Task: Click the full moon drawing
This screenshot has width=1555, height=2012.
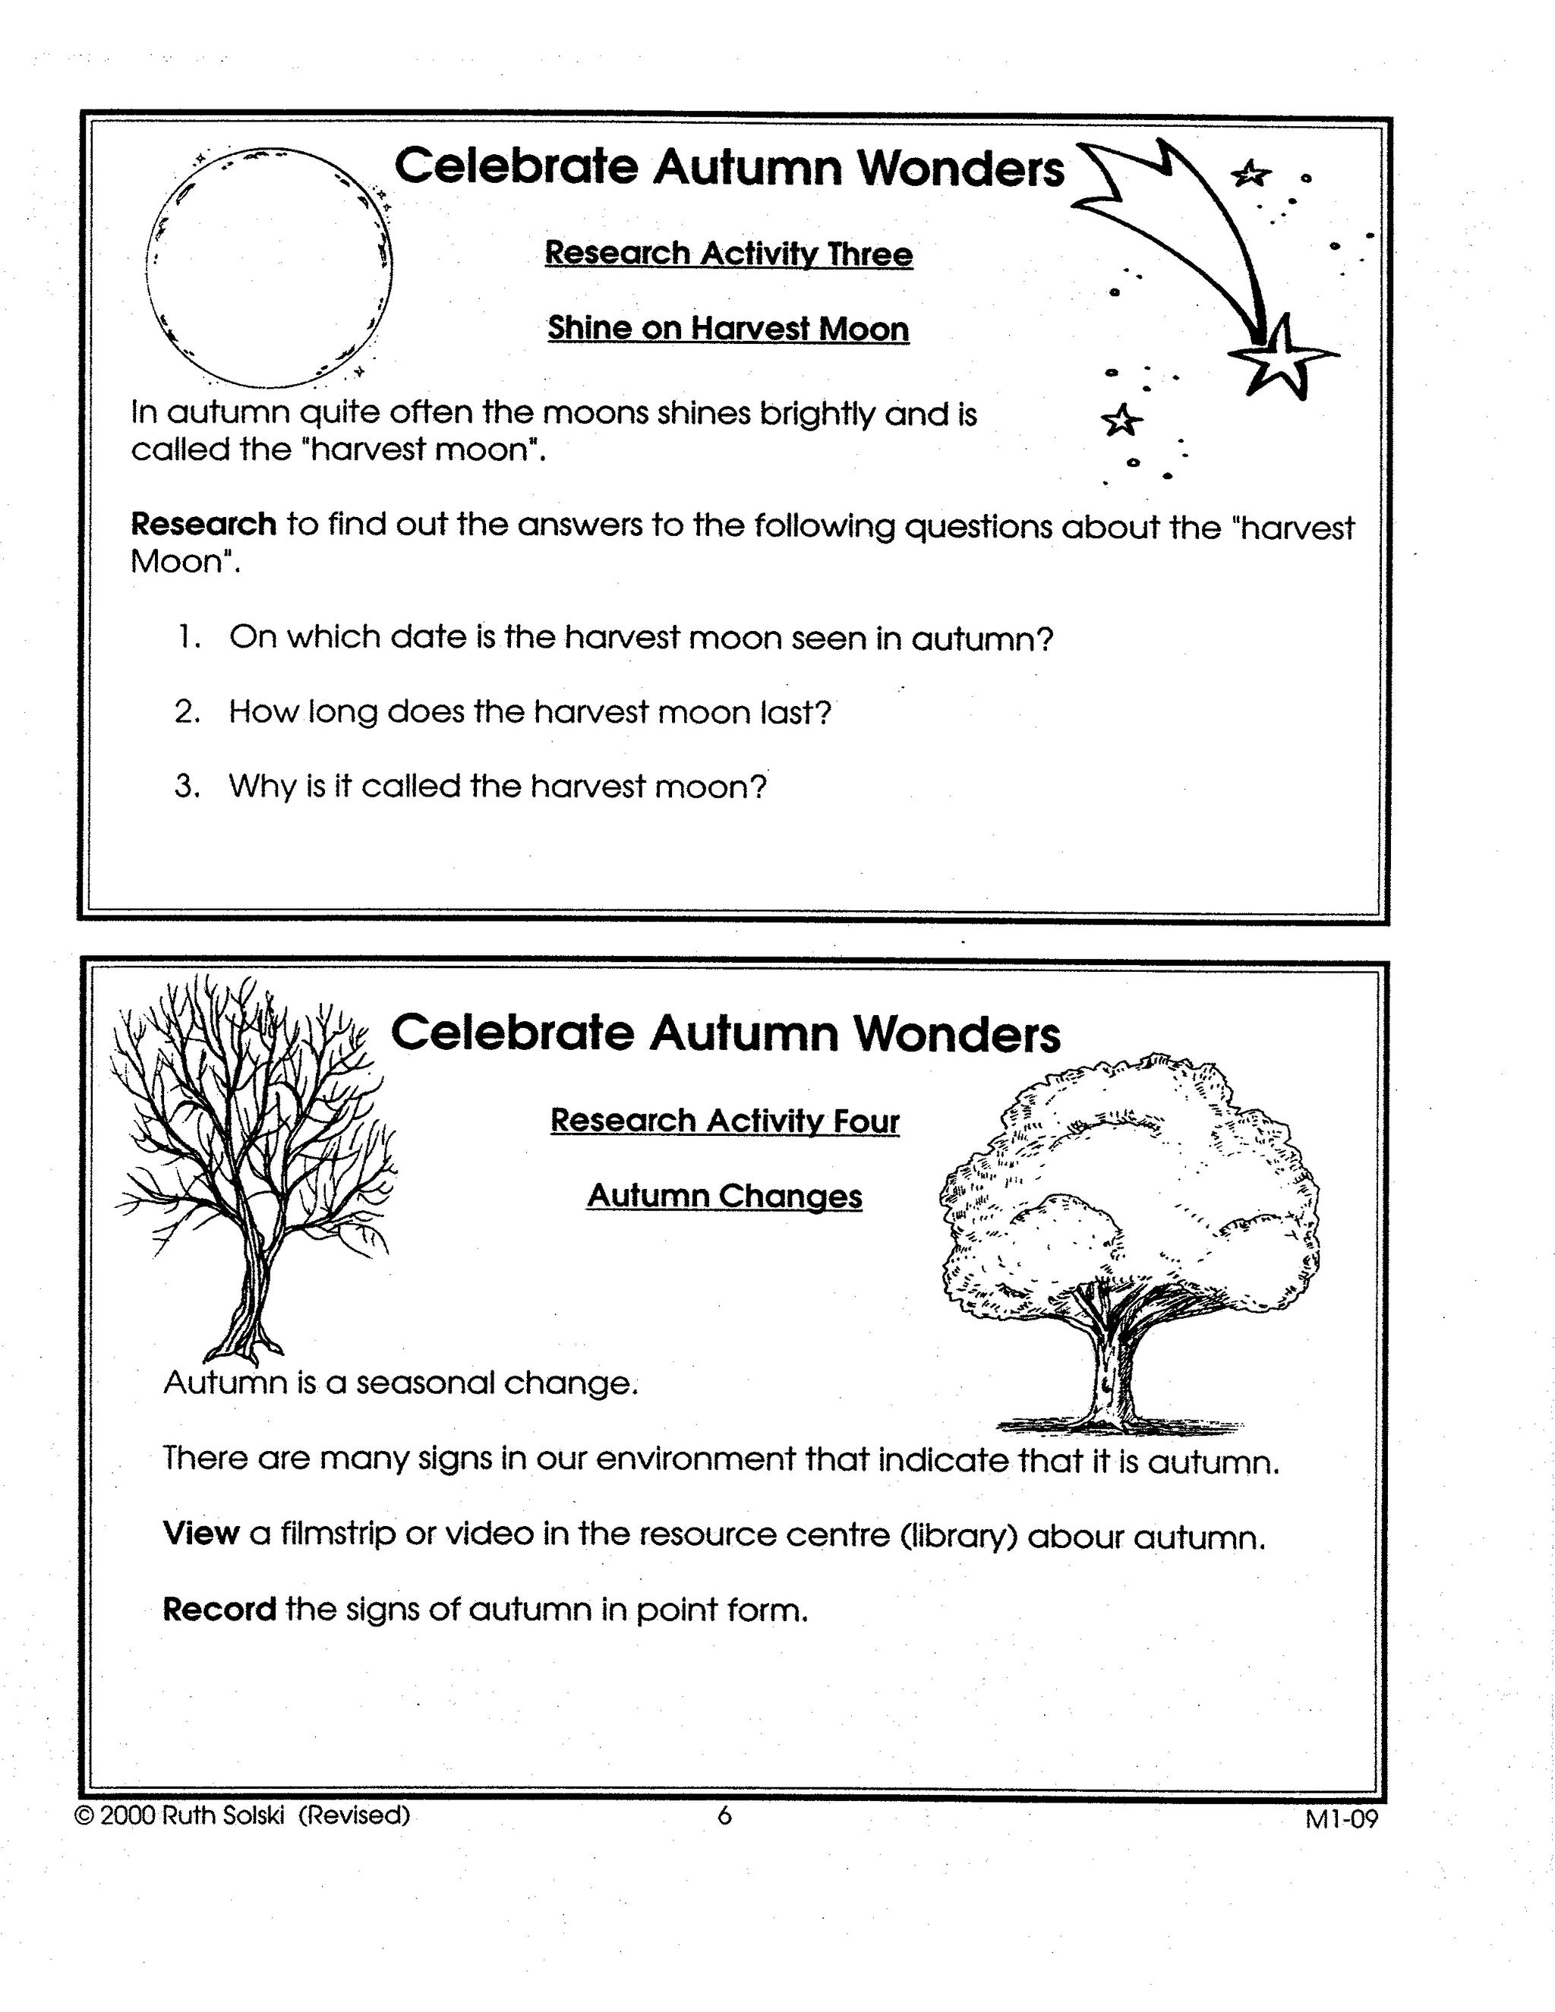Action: (x=269, y=267)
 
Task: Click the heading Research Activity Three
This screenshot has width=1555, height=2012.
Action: (x=727, y=254)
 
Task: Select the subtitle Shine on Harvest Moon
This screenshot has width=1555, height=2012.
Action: (x=727, y=329)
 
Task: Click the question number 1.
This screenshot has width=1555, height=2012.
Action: (x=190, y=636)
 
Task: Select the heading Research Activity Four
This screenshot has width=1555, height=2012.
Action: (x=724, y=1120)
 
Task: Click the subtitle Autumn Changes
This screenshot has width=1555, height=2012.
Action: (x=724, y=1196)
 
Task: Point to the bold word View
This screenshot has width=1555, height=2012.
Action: (x=200, y=1533)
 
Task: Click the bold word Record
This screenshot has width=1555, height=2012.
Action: (x=219, y=1609)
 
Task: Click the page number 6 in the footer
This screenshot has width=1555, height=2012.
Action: (x=724, y=1815)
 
